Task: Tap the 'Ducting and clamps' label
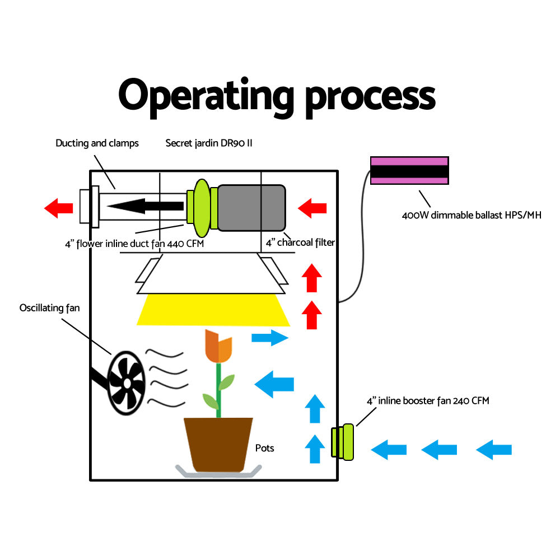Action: [97, 143]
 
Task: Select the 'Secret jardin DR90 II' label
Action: [209, 143]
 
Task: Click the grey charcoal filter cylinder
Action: [251, 208]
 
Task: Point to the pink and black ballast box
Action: [409, 170]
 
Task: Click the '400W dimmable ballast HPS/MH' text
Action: [472, 215]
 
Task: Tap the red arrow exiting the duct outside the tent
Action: [59, 208]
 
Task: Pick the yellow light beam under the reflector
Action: [213, 310]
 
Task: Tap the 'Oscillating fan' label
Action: [49, 308]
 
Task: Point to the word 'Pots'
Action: [265, 448]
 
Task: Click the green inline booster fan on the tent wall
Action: [343, 442]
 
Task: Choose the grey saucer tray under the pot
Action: [218, 472]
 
